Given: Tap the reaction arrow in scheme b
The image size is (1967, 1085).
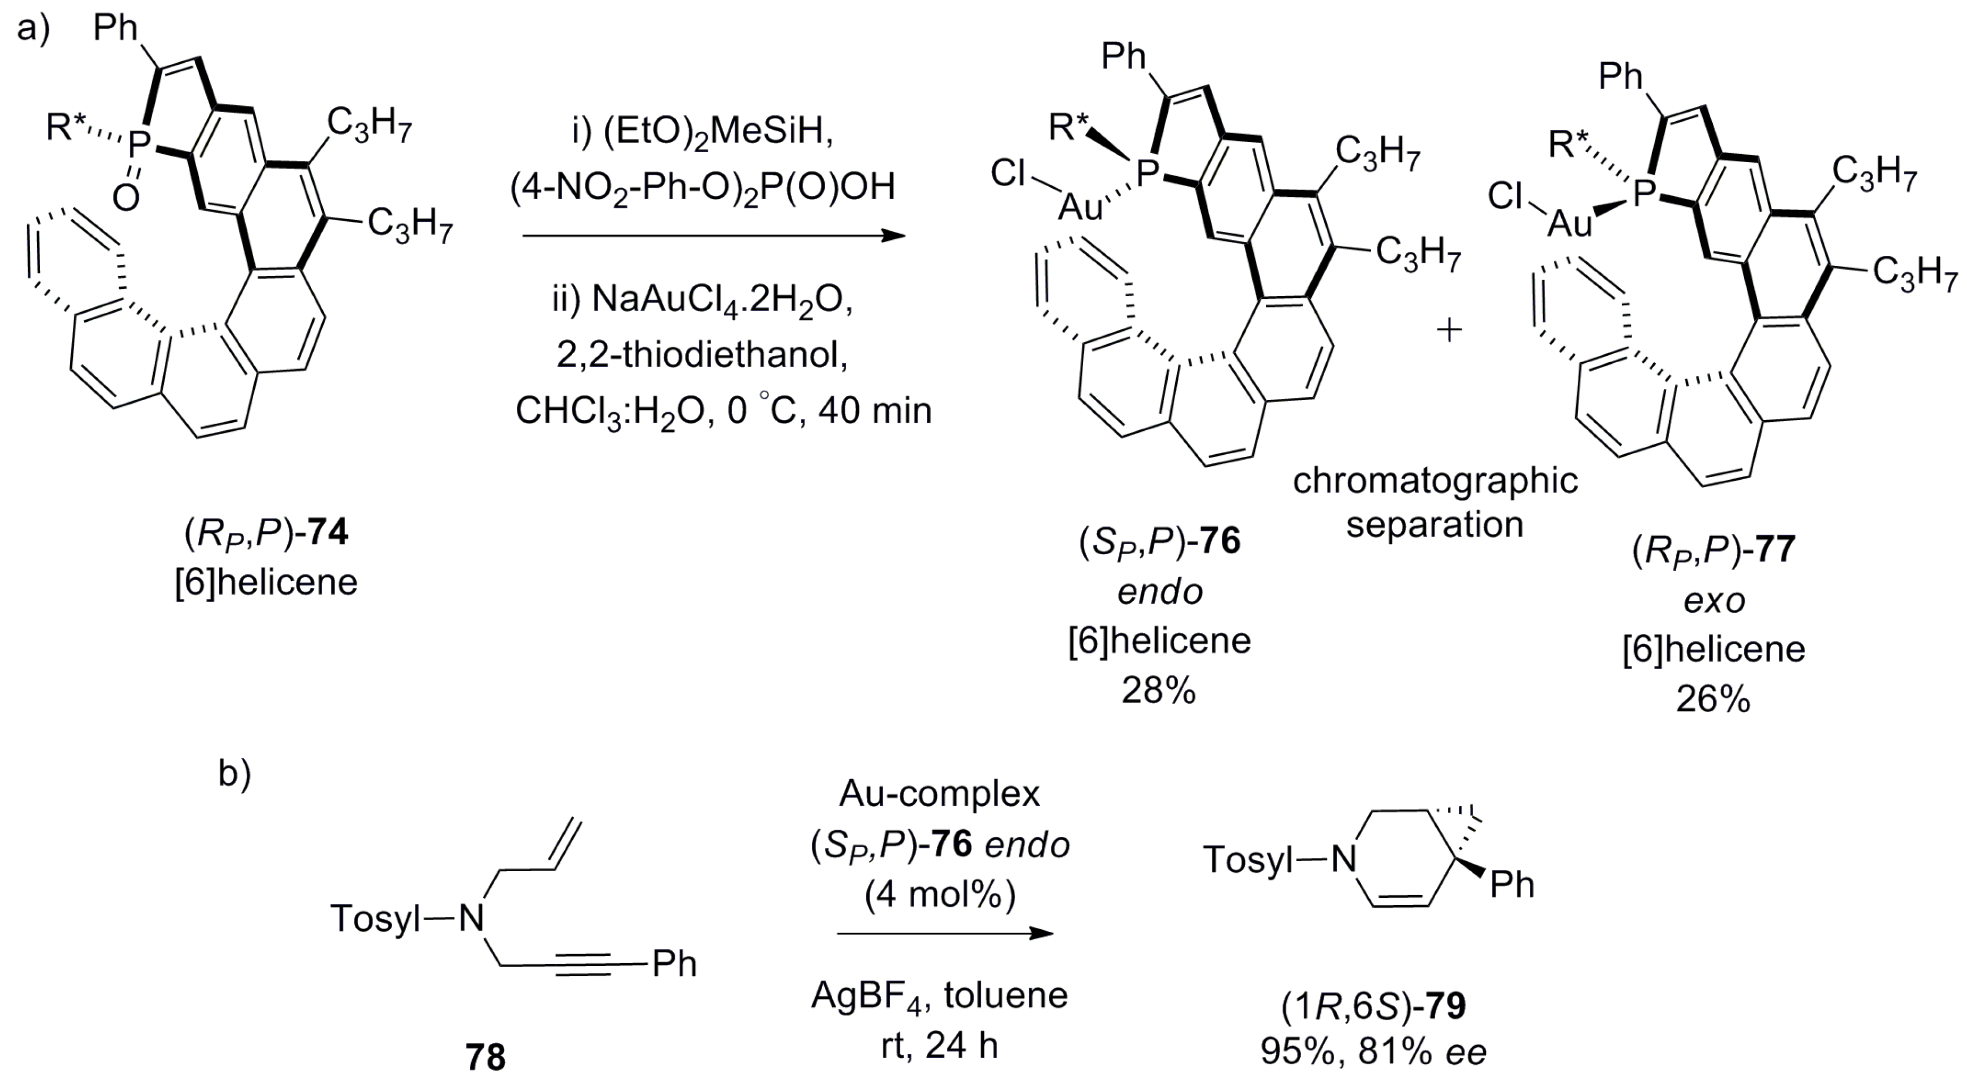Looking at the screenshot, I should click(x=944, y=933).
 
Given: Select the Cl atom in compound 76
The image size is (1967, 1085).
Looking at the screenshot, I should click(x=1008, y=173).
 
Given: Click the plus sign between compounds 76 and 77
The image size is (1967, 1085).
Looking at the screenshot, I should click(x=1449, y=330).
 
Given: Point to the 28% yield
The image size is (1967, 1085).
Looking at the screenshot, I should click(x=1158, y=690).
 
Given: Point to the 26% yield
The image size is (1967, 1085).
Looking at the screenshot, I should click(x=1713, y=699).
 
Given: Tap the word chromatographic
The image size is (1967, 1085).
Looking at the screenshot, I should click(x=1436, y=481).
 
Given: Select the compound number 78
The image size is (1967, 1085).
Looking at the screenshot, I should click(x=486, y=1057).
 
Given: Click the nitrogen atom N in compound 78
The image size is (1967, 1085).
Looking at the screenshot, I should click(x=472, y=918).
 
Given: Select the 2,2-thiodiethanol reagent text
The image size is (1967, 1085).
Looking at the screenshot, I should click(x=702, y=355).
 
